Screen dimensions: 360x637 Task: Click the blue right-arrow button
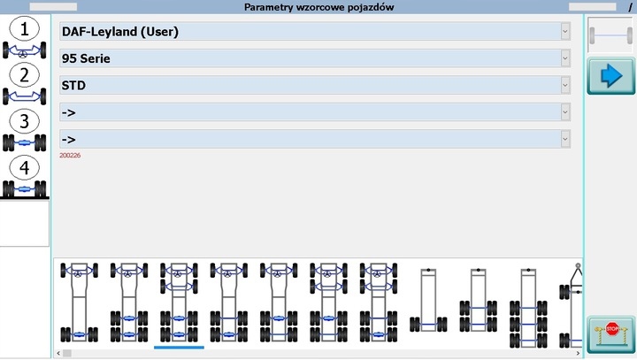tap(610, 76)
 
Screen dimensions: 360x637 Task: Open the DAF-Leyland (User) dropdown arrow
tap(565, 31)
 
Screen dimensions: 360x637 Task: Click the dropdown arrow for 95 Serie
tap(565, 57)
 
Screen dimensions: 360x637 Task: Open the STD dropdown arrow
tap(565, 85)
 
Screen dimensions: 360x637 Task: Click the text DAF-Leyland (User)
tap(120, 32)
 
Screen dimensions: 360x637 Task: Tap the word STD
tap(74, 86)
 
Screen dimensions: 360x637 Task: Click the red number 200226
tap(70, 156)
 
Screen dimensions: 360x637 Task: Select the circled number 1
tap(25, 29)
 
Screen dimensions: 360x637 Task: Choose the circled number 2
tap(25, 75)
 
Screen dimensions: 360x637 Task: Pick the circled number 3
tap(25, 121)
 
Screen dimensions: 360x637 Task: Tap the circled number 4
tap(25, 167)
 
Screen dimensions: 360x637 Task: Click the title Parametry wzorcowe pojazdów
tap(318, 7)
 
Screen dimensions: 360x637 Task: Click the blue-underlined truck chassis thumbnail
tap(179, 303)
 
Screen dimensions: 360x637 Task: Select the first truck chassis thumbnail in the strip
tap(79, 303)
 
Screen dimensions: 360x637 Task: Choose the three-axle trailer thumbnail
tap(528, 305)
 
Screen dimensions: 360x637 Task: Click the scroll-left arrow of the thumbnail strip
tap(58, 353)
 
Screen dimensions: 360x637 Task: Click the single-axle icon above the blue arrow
tap(610, 34)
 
